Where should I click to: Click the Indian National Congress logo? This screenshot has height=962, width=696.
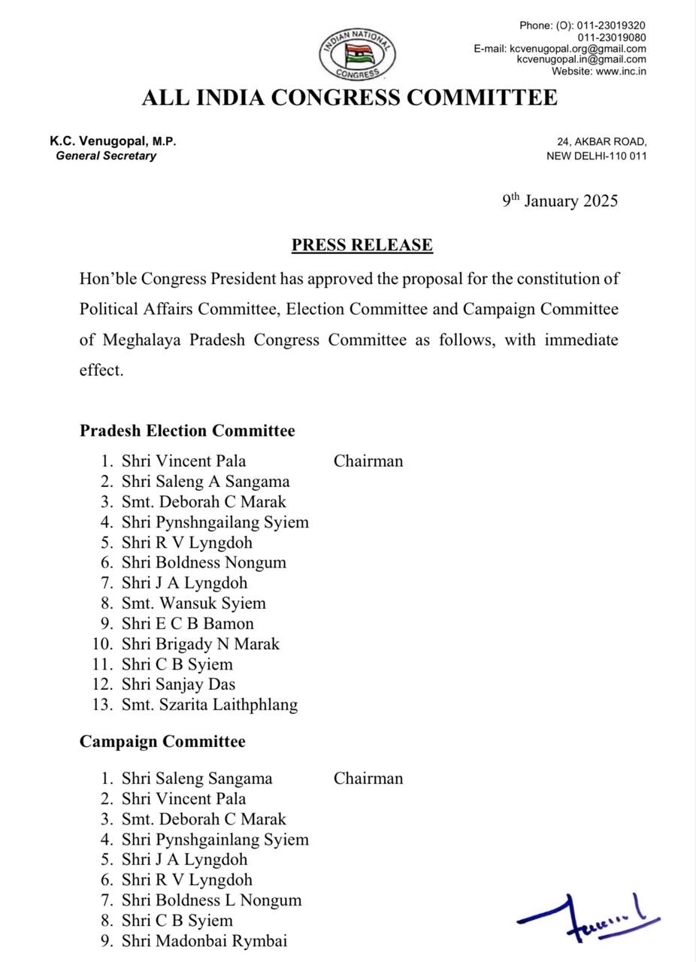(x=358, y=54)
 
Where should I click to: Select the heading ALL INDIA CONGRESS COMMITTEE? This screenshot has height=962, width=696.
(x=350, y=98)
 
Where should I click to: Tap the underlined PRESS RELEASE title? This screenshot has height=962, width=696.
(x=362, y=245)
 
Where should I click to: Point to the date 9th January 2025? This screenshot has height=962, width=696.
(x=560, y=201)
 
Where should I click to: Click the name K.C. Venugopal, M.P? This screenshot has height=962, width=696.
(x=113, y=141)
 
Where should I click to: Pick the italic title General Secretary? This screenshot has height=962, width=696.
(x=106, y=156)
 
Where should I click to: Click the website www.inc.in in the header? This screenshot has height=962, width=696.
(x=621, y=71)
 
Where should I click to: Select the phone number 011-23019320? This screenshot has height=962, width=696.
(x=611, y=26)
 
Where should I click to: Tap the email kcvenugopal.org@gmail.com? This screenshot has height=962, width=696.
(x=578, y=48)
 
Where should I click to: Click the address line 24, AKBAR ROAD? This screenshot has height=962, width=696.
(x=601, y=141)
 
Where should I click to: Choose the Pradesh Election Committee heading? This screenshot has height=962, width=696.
(x=187, y=431)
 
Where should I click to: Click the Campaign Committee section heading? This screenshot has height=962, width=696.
(x=162, y=742)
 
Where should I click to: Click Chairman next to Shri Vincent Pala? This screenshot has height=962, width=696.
(x=368, y=461)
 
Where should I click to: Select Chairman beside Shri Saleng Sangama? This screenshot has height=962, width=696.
(x=368, y=779)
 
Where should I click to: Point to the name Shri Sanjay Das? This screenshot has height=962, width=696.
(x=178, y=684)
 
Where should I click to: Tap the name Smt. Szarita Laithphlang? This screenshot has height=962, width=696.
(x=210, y=704)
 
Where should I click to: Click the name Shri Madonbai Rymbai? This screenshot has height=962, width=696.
(x=204, y=940)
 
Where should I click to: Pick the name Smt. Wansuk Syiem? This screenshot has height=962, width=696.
(x=193, y=603)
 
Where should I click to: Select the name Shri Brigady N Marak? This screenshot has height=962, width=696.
(x=200, y=643)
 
